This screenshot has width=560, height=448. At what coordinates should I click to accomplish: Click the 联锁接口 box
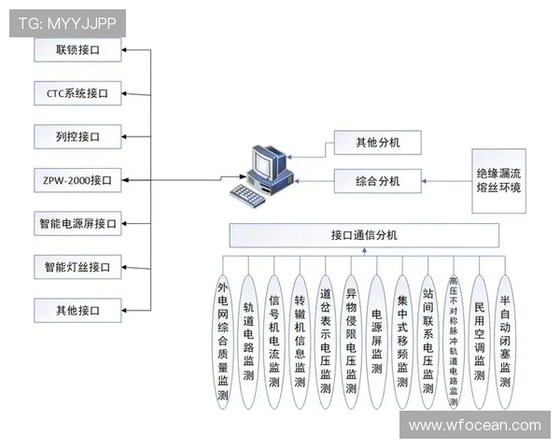(77, 49)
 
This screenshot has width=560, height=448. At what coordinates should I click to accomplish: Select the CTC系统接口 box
(77, 93)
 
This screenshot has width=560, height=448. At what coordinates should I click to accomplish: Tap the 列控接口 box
(77, 137)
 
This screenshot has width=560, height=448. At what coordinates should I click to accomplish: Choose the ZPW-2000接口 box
(77, 180)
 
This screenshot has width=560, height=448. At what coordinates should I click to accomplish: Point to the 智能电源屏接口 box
(77, 224)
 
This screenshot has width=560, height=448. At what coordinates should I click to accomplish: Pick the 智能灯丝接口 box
(77, 268)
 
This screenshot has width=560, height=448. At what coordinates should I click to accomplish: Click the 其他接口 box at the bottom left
(77, 310)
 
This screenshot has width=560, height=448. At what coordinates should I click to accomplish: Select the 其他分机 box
(377, 143)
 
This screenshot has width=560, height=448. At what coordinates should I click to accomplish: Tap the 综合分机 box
(377, 181)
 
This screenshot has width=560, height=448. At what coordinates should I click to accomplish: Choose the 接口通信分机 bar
(364, 235)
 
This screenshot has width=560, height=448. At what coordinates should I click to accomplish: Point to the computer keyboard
(250, 194)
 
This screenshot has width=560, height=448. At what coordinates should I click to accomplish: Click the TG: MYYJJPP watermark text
(67, 22)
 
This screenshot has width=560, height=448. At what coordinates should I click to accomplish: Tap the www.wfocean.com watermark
(474, 425)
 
